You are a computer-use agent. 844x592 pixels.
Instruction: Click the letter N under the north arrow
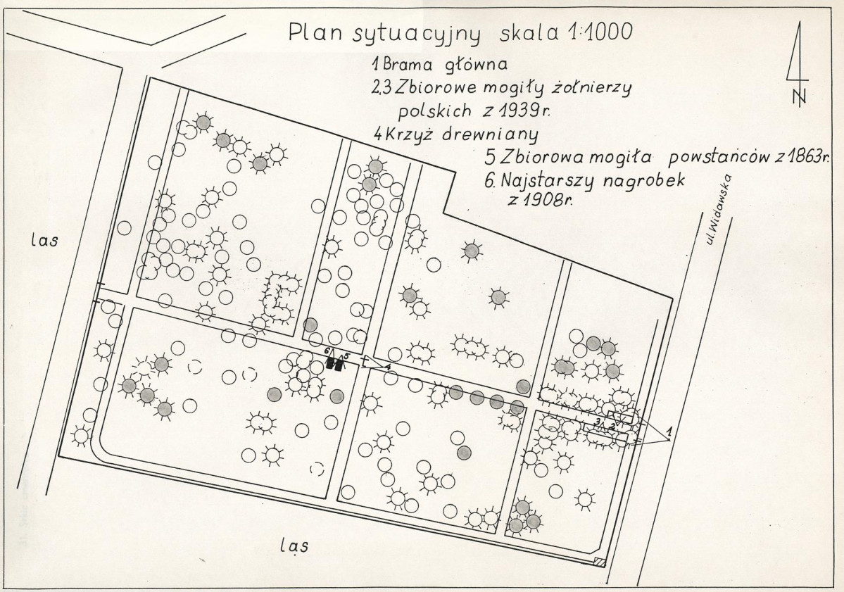799,97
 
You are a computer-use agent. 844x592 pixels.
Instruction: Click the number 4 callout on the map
387,370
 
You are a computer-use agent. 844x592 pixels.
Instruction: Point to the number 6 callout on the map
327,350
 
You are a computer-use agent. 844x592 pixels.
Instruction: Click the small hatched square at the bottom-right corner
598,561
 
